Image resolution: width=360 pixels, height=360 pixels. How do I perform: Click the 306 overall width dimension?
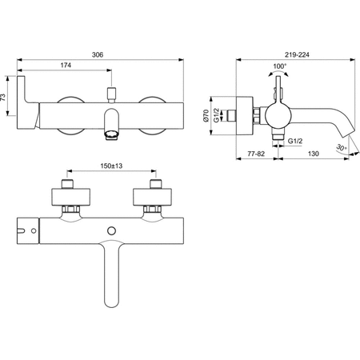tap(98, 54)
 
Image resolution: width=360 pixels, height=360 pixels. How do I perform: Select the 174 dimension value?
tap(66, 65)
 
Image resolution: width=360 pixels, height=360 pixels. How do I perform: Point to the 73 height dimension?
tap(3, 97)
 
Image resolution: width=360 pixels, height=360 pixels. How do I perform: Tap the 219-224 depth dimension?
tap(297, 54)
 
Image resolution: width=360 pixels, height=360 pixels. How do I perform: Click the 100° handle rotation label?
tap(279, 66)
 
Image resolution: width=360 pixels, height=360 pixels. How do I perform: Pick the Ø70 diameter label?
tap(206, 115)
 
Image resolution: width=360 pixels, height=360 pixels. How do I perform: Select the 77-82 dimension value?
tap(256, 154)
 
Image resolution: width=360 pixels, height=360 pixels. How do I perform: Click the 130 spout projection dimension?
tap(314, 154)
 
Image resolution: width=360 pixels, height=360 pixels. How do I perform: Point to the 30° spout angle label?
tap(342, 147)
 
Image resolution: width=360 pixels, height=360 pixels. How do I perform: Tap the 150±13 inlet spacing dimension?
tap(111, 166)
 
